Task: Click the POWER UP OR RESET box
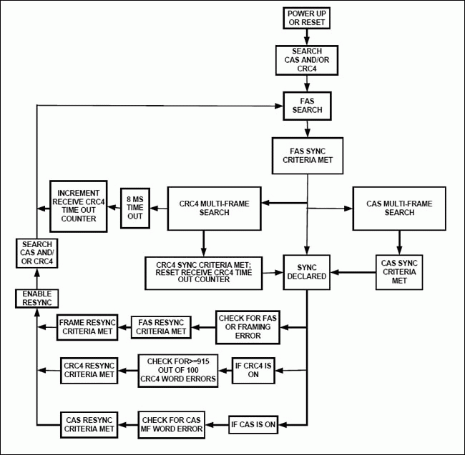(x=305, y=18)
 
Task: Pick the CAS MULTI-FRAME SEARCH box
(x=399, y=208)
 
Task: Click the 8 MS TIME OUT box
(x=135, y=206)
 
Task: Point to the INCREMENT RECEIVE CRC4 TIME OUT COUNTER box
(x=78, y=206)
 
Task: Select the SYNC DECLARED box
(x=307, y=272)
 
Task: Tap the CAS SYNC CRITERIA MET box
(x=399, y=272)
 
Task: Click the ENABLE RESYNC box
(x=36, y=298)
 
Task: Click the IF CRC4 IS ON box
(x=254, y=369)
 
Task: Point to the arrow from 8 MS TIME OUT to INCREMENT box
(x=113, y=206)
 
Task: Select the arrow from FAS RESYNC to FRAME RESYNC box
(x=124, y=326)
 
